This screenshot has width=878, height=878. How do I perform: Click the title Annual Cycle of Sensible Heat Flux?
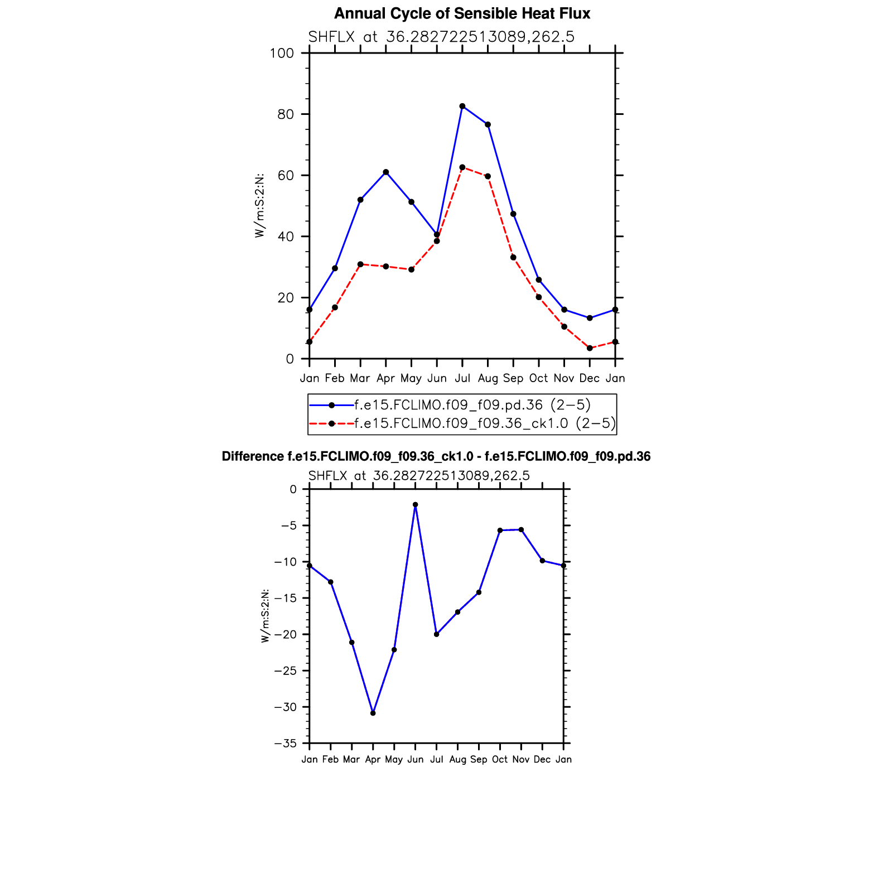point(462,14)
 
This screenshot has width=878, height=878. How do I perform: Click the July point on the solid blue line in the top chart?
point(462,106)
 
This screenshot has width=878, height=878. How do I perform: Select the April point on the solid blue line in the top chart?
point(386,172)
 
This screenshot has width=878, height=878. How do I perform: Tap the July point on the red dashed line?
point(462,167)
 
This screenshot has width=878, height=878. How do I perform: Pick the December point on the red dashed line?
point(590,348)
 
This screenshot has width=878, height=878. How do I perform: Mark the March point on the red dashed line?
point(360,264)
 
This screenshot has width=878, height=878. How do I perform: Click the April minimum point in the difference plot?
point(373,713)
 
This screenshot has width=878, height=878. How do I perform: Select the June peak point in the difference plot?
point(416,505)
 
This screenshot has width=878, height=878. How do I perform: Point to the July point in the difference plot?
point(437,634)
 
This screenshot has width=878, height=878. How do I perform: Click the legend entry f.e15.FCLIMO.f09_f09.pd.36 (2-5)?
point(472,405)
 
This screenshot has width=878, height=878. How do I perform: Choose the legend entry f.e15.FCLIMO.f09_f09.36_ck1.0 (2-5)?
point(485,423)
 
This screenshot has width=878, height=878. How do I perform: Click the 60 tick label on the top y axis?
point(285,176)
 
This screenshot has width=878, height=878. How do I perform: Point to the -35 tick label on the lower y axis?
point(285,744)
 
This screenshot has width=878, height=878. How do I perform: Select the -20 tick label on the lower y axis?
point(285,635)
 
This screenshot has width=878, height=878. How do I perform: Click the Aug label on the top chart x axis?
point(488,378)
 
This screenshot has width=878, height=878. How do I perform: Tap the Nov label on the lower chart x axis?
point(521,760)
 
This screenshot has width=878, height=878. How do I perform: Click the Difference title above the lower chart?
point(436,457)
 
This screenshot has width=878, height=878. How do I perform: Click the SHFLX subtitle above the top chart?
point(441,37)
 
